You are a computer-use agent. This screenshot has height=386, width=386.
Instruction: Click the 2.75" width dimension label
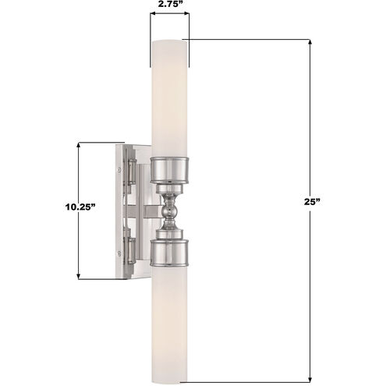(169, 5)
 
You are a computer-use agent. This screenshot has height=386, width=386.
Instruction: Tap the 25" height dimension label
(312, 202)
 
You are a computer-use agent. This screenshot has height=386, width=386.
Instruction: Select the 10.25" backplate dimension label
(80, 207)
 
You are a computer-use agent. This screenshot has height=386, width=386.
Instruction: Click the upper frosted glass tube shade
(169, 99)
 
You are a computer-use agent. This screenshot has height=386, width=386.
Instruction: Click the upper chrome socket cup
(169, 170)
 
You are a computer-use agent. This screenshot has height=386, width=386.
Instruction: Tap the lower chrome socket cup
(169, 253)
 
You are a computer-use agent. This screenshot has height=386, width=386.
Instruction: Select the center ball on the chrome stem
(169, 212)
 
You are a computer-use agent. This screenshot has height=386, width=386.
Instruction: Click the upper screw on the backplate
(119, 170)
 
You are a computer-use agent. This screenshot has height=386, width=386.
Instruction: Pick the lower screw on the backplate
(119, 252)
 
